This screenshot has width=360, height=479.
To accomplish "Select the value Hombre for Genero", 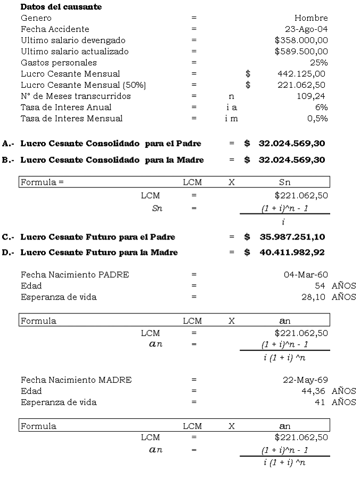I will click(x=311, y=18).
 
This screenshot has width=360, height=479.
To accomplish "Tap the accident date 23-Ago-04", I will click(x=306, y=29).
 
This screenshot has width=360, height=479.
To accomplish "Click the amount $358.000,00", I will click(x=301, y=40).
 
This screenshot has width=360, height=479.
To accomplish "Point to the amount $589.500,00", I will click(x=301, y=52).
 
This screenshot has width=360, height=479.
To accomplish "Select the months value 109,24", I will click(x=312, y=96).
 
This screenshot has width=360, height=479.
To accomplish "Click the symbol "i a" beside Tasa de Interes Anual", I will click(x=231, y=108).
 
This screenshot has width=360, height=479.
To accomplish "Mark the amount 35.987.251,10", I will click(x=292, y=237).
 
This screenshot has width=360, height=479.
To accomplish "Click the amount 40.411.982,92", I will click(x=292, y=252).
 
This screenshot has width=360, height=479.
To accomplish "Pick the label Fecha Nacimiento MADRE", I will click(x=76, y=380).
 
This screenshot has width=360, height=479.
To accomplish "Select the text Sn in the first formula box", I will click(x=285, y=182).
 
